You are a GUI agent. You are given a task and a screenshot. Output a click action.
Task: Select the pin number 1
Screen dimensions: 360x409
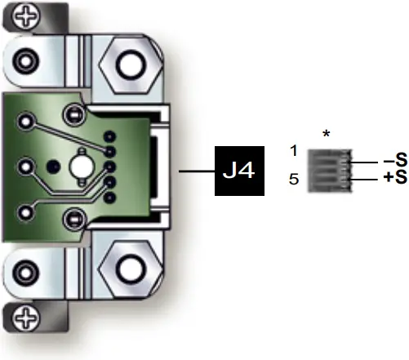tap(293, 151)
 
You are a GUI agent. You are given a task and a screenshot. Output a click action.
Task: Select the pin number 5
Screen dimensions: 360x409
tap(293, 179)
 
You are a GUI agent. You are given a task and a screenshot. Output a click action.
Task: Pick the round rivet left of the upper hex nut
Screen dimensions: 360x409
tap(26, 60)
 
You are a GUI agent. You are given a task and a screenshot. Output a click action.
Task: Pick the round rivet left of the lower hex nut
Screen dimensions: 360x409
tap(26, 273)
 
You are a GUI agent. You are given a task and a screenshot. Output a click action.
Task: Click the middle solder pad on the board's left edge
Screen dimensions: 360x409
tap(26, 169)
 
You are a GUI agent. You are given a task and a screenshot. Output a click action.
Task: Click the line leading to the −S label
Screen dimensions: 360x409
tap(367, 162)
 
